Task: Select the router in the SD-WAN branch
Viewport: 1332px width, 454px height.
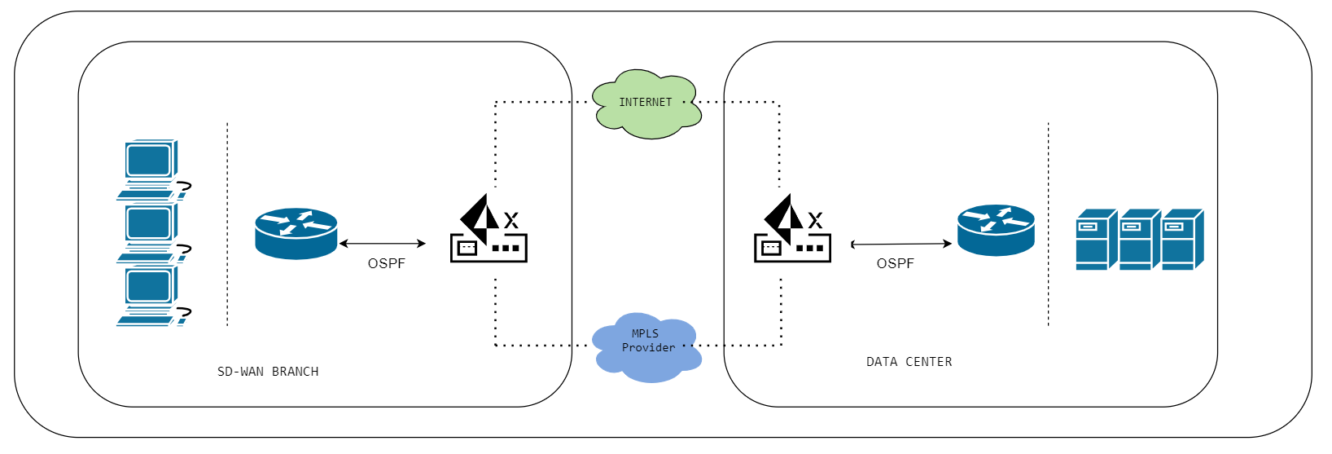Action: [x=296, y=233]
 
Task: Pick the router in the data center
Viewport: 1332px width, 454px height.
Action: [x=996, y=230]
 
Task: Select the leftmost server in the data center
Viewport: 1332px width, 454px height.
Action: [x=1096, y=240]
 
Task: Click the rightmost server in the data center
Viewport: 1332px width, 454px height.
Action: [x=1181, y=240]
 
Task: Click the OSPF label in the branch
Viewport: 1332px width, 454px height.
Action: [x=386, y=264]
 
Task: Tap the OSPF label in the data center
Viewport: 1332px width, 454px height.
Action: [x=895, y=264]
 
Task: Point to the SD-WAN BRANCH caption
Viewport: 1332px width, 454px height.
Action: [x=268, y=372]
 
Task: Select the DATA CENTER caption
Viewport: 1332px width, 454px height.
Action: [x=909, y=362]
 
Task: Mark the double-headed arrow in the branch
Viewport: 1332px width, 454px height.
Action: [x=382, y=244]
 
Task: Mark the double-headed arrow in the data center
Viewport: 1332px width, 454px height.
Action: [x=900, y=244]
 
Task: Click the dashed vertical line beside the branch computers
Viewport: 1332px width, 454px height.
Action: [x=227, y=224]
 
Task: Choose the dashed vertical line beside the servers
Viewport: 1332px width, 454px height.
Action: [x=1048, y=224]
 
